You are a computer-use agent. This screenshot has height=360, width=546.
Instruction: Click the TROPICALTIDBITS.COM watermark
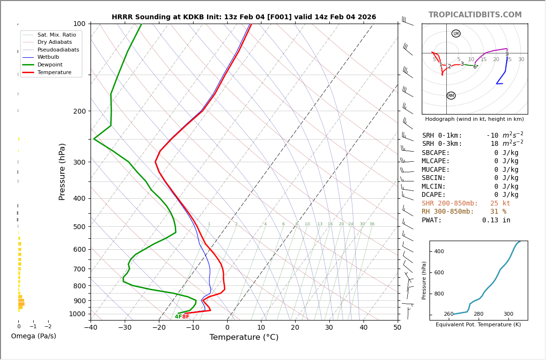click(x=475, y=15)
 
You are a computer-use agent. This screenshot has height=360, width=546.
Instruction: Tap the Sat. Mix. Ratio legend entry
click(x=56, y=35)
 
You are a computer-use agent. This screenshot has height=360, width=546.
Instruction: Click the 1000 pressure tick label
click(x=77, y=314)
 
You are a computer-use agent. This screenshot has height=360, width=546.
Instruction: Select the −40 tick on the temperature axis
click(x=91, y=328)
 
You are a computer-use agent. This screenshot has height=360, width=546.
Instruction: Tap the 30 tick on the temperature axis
click(x=329, y=328)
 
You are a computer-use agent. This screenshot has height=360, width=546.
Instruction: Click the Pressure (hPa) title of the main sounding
click(x=63, y=171)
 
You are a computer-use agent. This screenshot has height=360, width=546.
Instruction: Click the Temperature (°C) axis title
click(x=244, y=337)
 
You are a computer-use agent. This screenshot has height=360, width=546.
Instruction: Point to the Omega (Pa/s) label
click(x=33, y=336)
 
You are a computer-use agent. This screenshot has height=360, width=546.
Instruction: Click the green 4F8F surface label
click(x=182, y=317)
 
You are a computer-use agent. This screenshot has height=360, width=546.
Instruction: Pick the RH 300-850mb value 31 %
click(x=498, y=212)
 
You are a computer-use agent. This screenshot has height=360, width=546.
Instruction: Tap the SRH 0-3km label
click(x=442, y=144)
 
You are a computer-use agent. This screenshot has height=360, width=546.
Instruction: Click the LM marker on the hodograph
click(x=456, y=34)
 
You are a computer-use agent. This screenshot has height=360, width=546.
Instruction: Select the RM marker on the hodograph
click(x=451, y=96)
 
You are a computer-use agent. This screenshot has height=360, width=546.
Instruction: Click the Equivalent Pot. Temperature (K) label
click(x=478, y=325)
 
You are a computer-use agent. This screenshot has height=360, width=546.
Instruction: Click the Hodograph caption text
click(x=474, y=119)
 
